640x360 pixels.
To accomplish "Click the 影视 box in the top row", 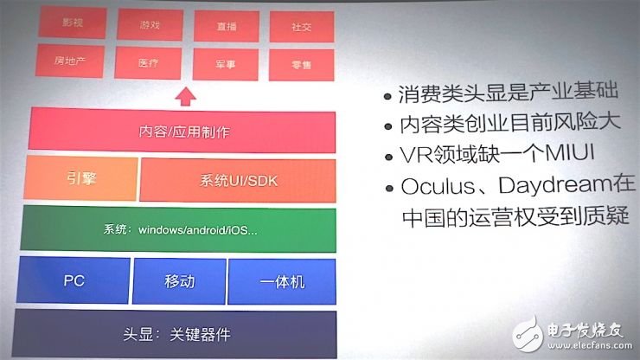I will [x=73, y=23].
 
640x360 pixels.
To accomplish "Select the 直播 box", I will [x=227, y=26].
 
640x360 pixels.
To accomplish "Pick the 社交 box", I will [x=302, y=27].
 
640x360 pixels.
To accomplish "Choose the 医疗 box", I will [x=149, y=61].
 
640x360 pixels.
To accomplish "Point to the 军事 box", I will [x=227, y=63].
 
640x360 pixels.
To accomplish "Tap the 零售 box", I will [x=302, y=64].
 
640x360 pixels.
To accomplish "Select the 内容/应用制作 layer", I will [x=182, y=132].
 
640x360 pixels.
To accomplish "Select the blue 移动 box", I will [x=179, y=281].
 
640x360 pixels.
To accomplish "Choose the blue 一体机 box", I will [x=282, y=282].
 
